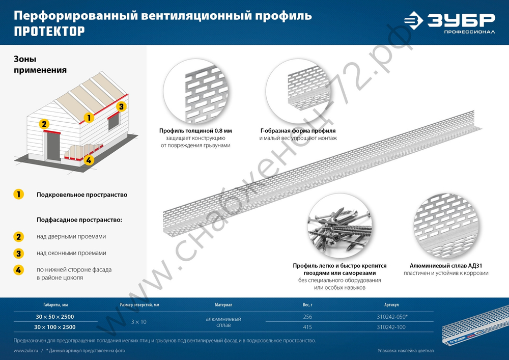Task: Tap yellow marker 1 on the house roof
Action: coord(89,118)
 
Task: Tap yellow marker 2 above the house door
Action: coord(44,124)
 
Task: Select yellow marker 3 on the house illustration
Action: coord(121,107)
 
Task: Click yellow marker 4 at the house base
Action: coord(89,160)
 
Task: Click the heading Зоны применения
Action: coord(40,65)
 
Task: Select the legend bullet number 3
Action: coord(19,253)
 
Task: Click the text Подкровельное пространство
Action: coord(82,195)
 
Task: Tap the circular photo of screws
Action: coord(340,227)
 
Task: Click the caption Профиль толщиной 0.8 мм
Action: coord(195,130)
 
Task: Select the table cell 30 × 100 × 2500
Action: coord(54,327)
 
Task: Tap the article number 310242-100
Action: coord(392,327)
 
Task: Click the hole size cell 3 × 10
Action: coord(139,322)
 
